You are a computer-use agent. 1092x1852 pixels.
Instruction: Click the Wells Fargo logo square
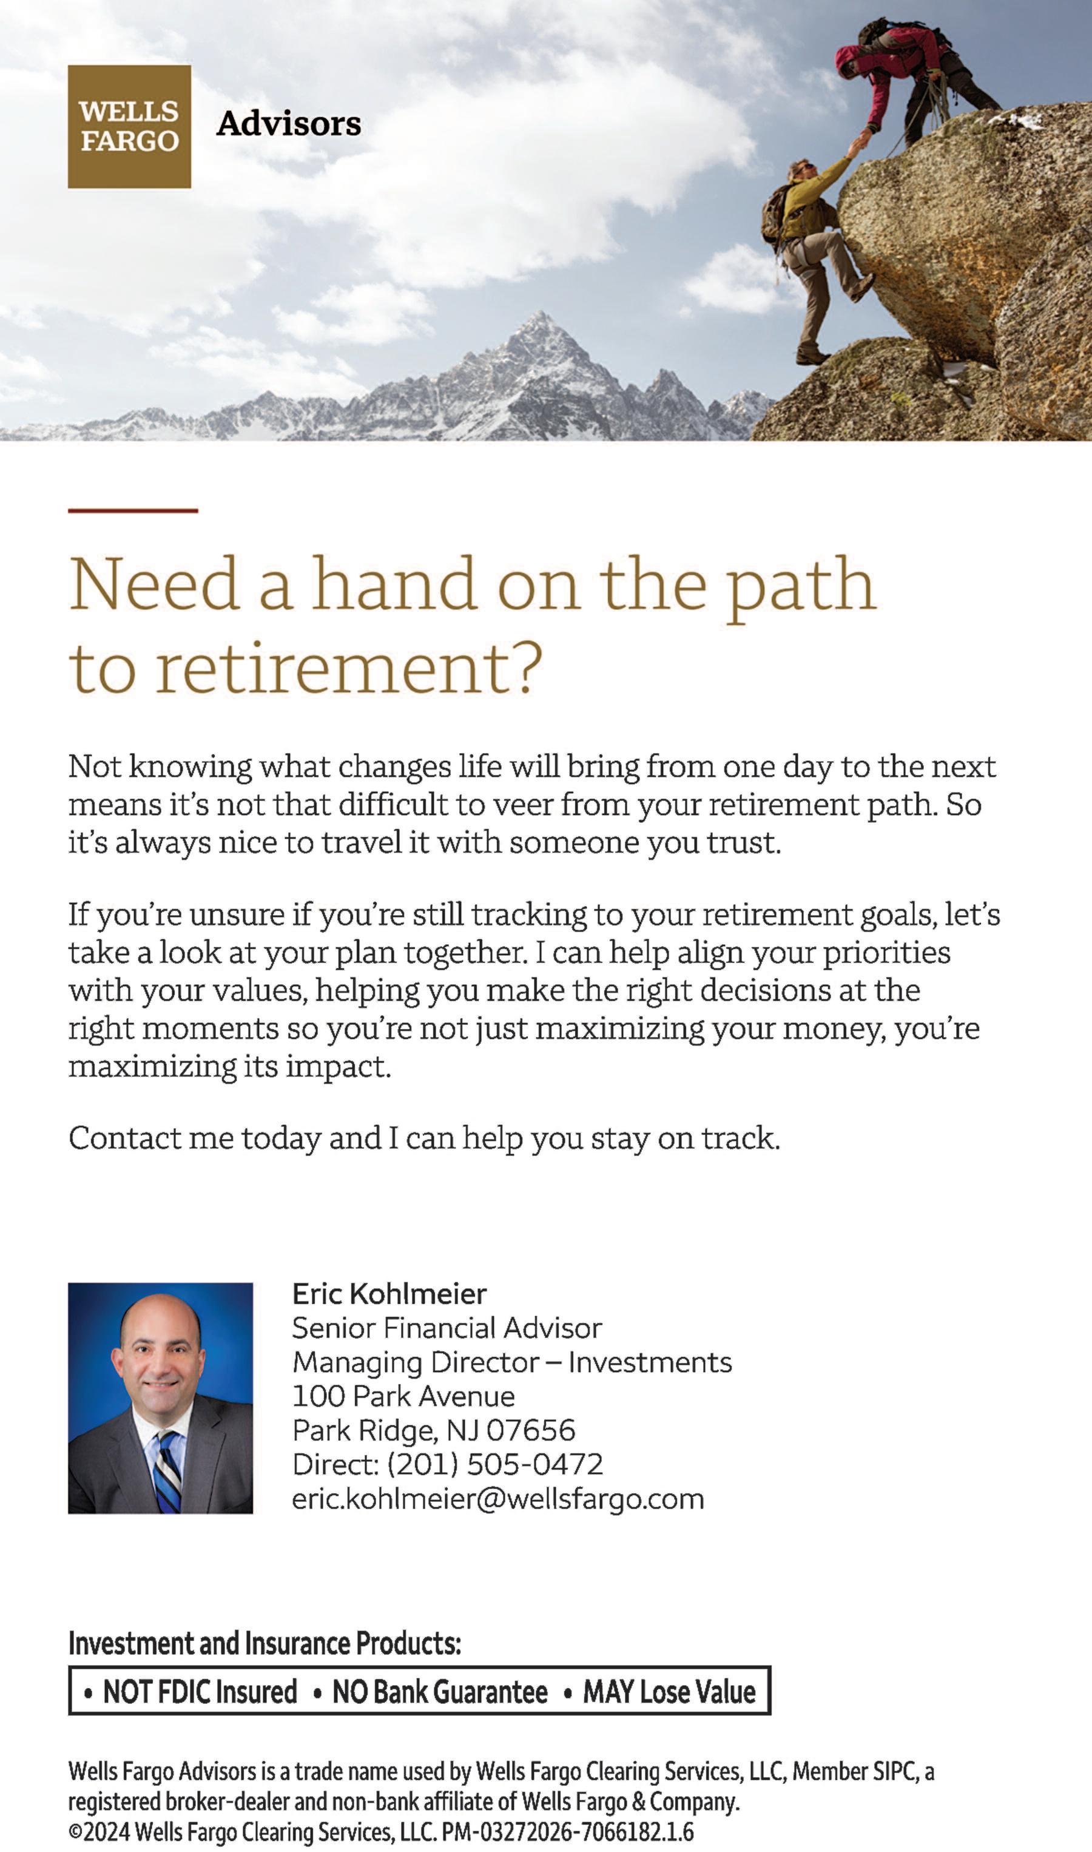tap(129, 127)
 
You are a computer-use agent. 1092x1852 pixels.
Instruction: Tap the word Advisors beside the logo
tap(288, 124)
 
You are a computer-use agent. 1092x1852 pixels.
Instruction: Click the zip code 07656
tap(531, 1430)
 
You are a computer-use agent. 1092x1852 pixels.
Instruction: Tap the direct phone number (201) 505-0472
tap(494, 1464)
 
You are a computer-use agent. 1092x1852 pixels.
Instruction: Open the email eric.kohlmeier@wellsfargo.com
tap(497, 1498)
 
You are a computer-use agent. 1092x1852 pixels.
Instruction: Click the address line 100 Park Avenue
tap(403, 1396)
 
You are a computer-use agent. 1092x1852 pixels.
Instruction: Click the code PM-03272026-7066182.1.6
tap(567, 1831)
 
